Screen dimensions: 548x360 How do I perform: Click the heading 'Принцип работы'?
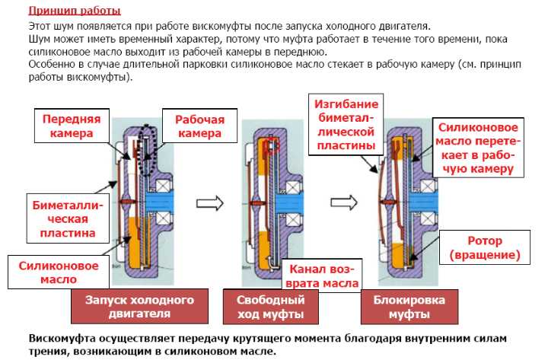[75, 11]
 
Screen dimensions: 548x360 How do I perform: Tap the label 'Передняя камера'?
[72, 126]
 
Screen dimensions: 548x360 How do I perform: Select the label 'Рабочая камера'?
[199, 126]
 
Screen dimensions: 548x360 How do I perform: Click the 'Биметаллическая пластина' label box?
[68, 218]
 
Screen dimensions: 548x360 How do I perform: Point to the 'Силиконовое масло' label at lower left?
[59, 272]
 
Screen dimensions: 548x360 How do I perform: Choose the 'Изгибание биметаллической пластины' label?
[346, 124]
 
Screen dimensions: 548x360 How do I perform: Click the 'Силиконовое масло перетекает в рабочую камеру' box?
[478, 148]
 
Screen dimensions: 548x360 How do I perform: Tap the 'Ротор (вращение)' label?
[485, 247]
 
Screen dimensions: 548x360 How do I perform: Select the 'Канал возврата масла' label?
[322, 276]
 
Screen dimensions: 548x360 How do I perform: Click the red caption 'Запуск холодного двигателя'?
[139, 307]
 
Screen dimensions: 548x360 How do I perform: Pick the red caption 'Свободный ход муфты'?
[270, 307]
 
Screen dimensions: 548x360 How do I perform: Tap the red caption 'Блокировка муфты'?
[409, 307]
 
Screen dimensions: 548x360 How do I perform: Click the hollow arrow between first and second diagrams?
[210, 203]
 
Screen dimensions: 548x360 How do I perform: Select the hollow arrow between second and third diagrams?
[344, 202]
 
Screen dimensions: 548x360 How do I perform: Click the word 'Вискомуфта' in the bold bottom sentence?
[61, 339]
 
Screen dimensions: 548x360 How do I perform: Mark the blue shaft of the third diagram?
[423, 202]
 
